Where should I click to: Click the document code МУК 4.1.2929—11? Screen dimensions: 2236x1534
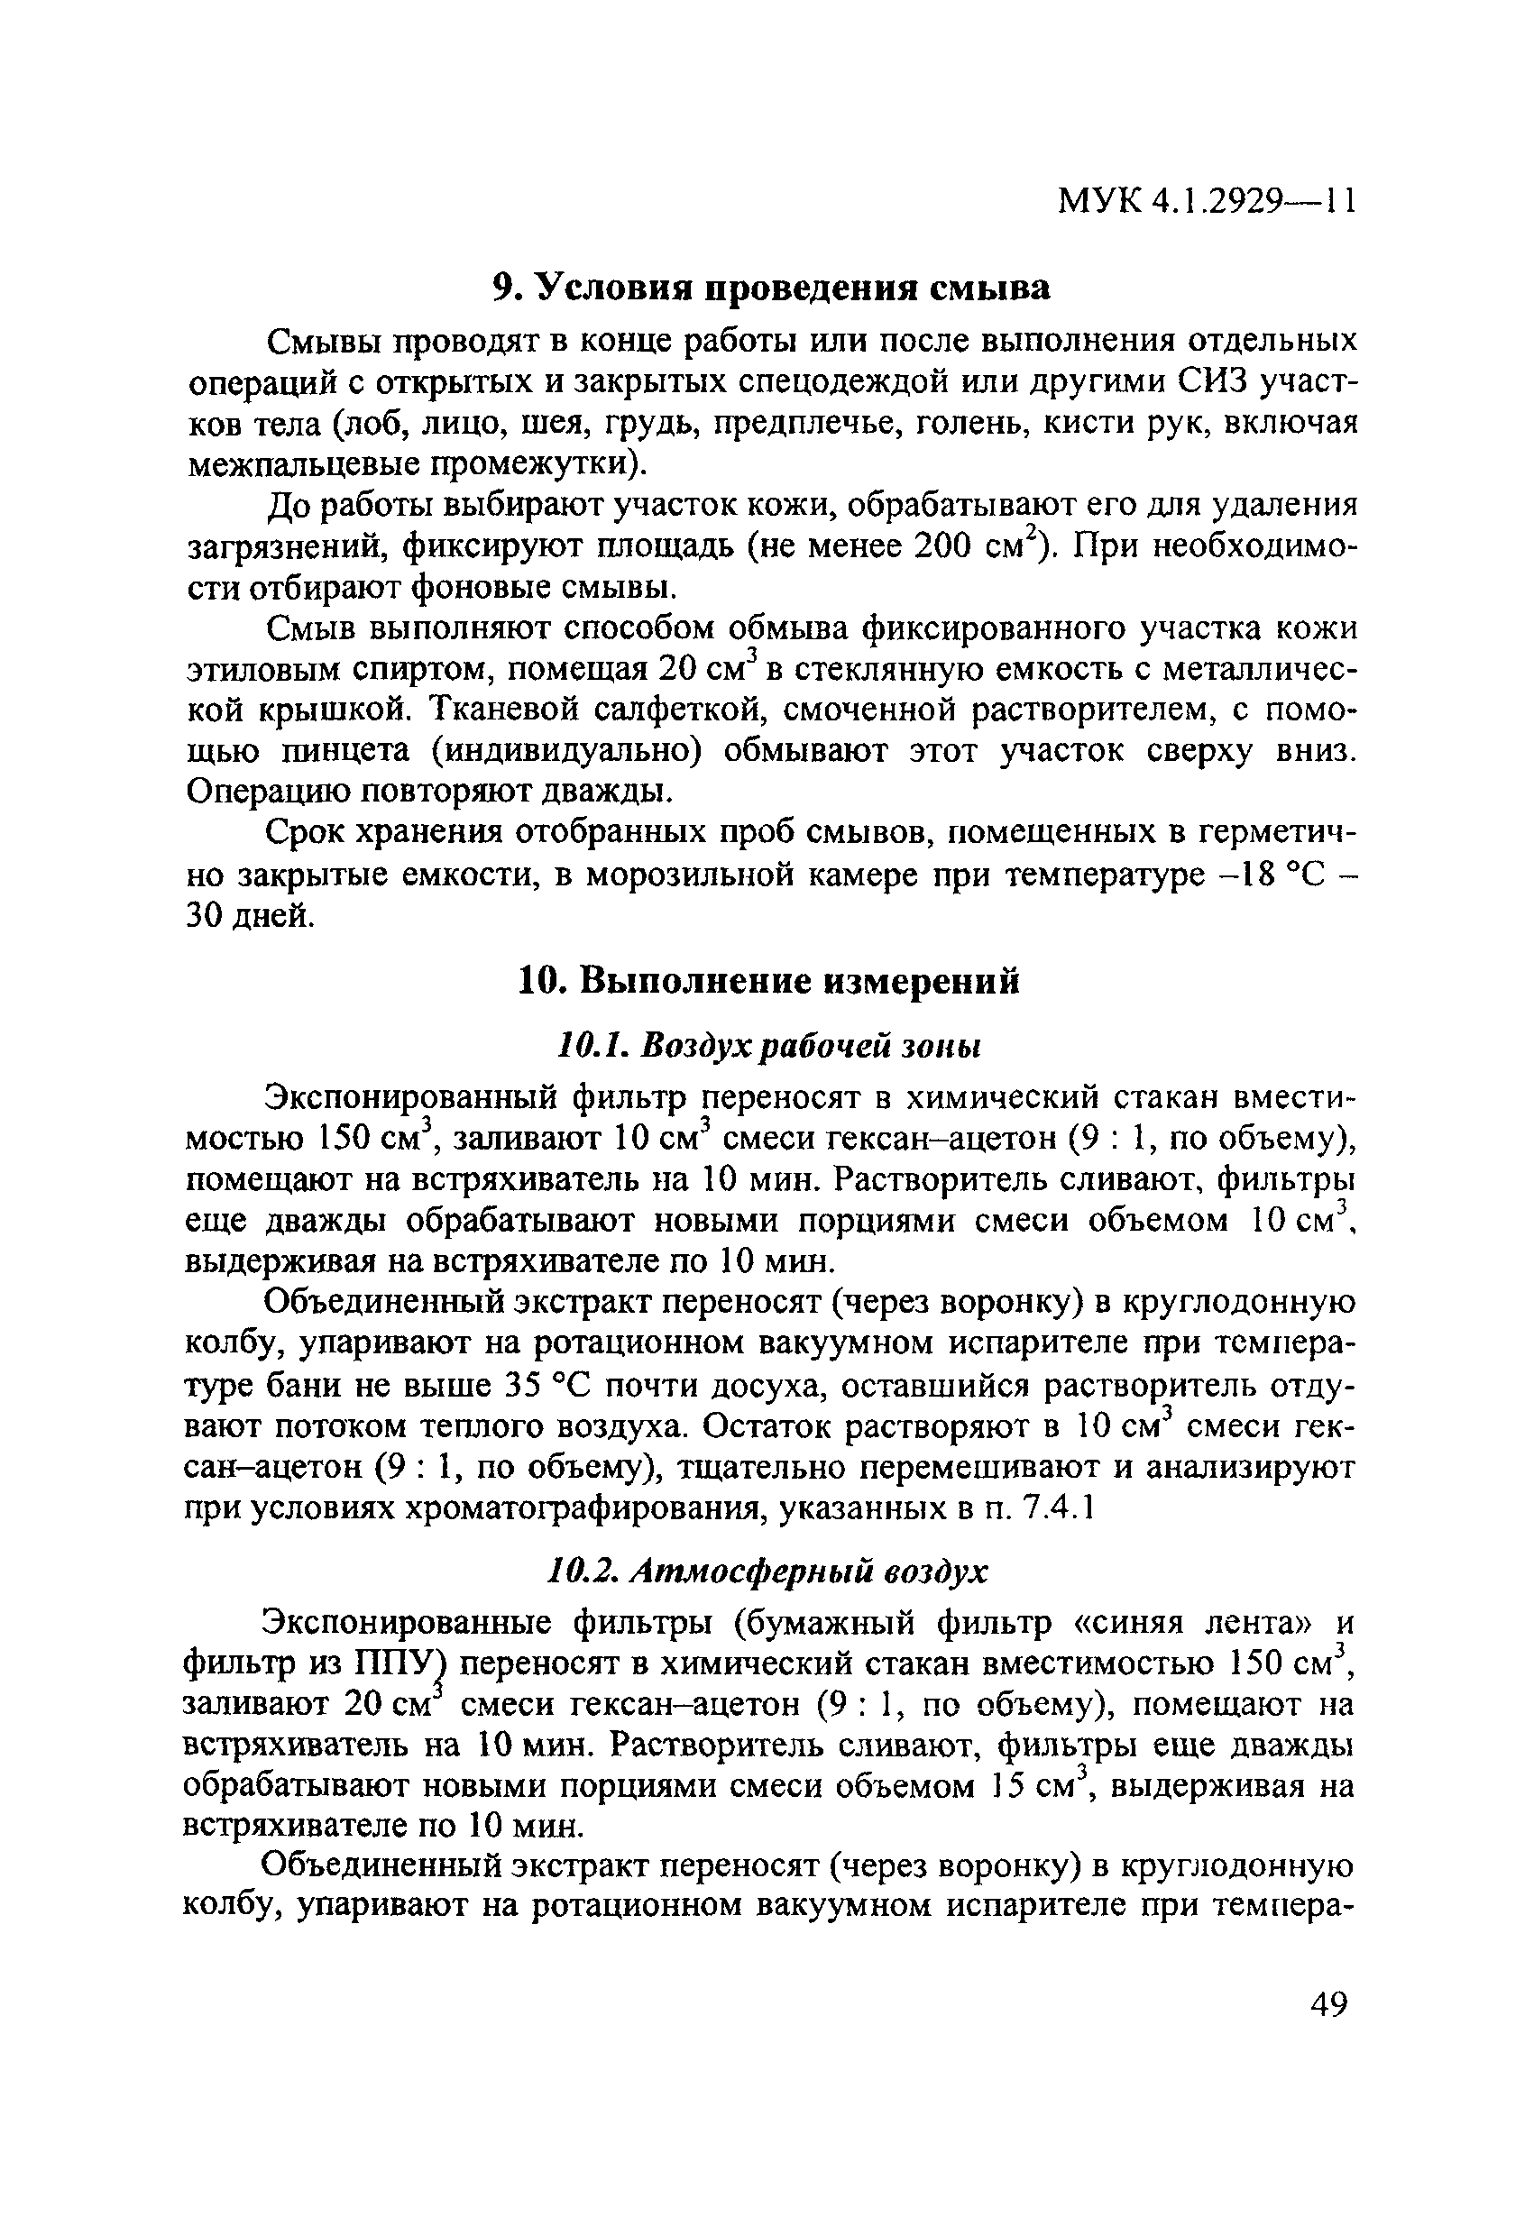1207,200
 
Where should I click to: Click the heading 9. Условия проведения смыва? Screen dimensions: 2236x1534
771,288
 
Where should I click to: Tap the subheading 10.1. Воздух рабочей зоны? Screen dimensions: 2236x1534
769,1046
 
